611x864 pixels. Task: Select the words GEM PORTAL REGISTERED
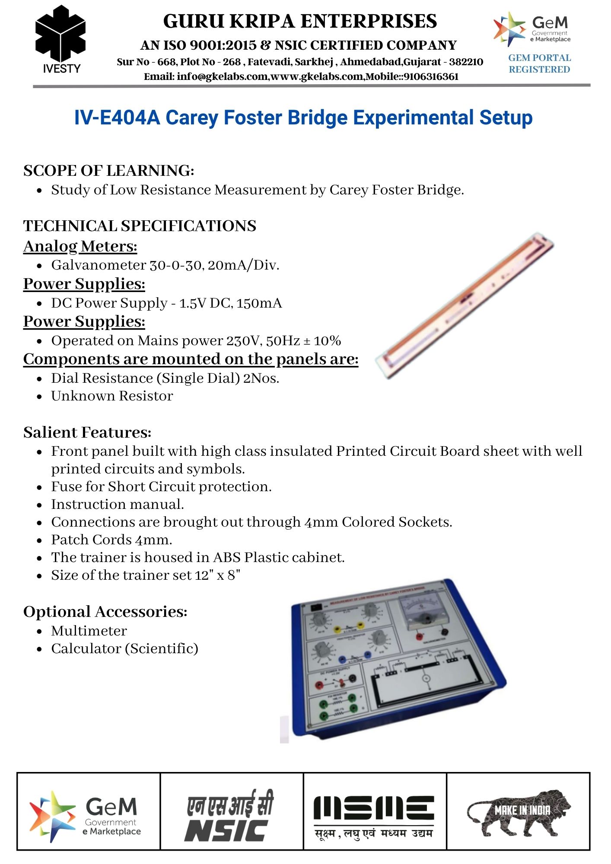click(539, 64)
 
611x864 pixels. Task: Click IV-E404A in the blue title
click(117, 118)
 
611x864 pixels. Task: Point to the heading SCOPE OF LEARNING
click(108, 171)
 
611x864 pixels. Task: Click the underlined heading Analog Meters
click(80, 246)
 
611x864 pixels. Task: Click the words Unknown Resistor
click(112, 396)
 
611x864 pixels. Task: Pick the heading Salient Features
click(87, 432)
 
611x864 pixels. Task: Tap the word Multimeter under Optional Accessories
click(89, 631)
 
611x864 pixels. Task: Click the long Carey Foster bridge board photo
click(465, 305)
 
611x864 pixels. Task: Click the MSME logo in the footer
click(374, 816)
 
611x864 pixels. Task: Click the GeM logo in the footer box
click(86, 816)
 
